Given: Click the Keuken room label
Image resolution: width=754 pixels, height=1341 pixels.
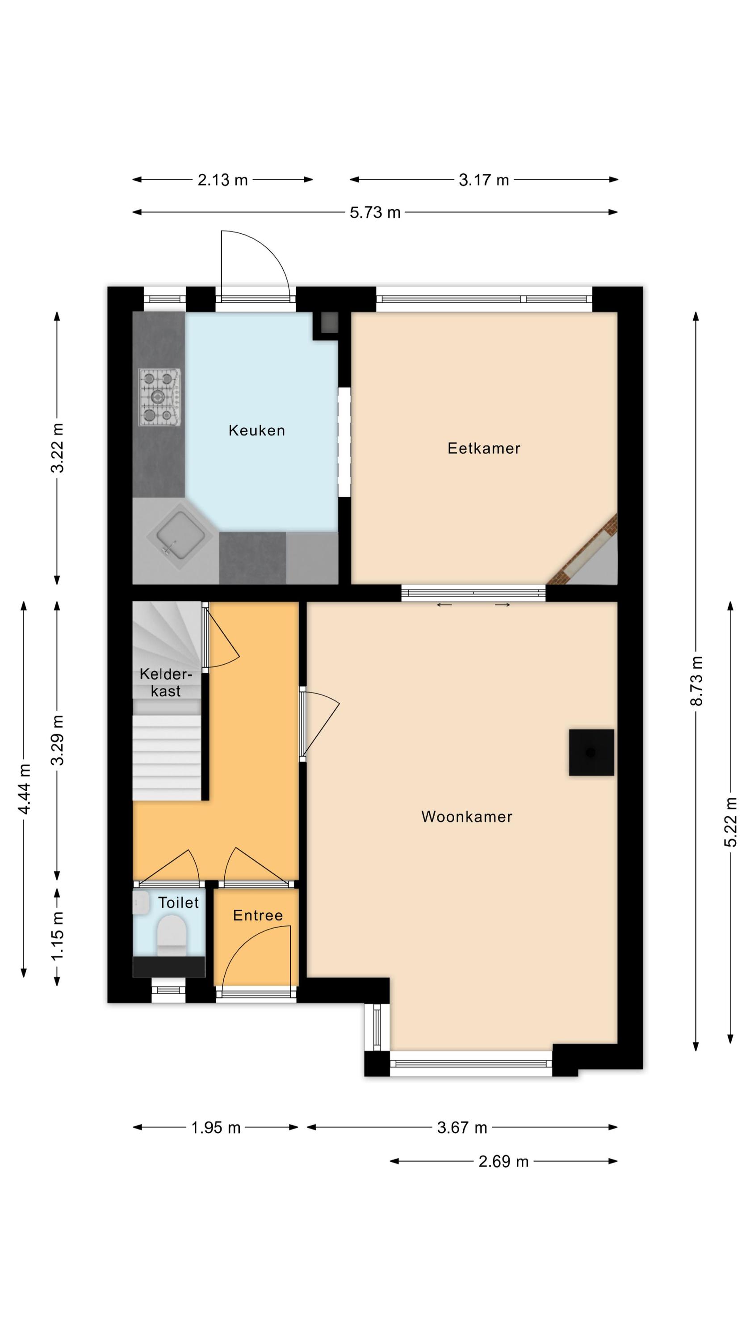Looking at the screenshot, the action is point(256,430).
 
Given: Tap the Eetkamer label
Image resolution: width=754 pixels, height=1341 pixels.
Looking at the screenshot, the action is point(483,448).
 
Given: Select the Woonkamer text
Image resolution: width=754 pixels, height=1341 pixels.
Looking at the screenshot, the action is point(467,817).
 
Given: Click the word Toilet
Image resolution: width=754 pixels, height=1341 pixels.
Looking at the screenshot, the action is point(179,902).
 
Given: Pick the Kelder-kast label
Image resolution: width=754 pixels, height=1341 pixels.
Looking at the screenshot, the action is point(165,683).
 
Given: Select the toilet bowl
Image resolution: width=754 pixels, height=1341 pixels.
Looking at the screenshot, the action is point(171,936).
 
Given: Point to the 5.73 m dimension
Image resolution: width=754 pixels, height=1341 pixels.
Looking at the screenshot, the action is point(375,212).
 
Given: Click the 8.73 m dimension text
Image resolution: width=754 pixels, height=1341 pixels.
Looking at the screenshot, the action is point(696,680).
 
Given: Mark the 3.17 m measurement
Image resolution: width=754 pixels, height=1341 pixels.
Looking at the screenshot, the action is point(483,180).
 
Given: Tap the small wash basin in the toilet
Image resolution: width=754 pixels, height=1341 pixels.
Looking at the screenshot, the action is point(141,902).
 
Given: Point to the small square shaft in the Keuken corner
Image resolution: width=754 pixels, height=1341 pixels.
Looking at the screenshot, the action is point(329,323).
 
